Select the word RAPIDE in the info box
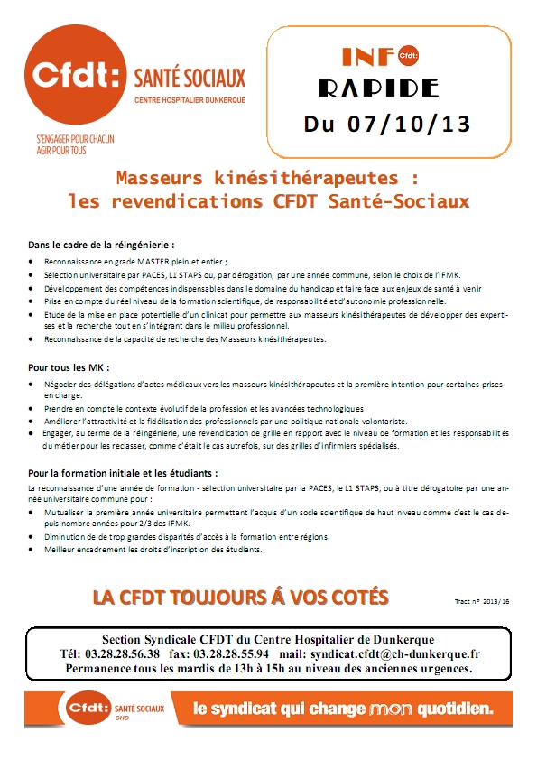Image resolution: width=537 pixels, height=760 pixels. tap(379, 88)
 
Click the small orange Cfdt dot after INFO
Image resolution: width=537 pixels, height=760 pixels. tap(407, 57)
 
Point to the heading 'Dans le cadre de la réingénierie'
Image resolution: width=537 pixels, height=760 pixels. tap(100, 245)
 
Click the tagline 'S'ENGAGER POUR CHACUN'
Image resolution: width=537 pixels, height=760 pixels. tap(75, 140)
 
